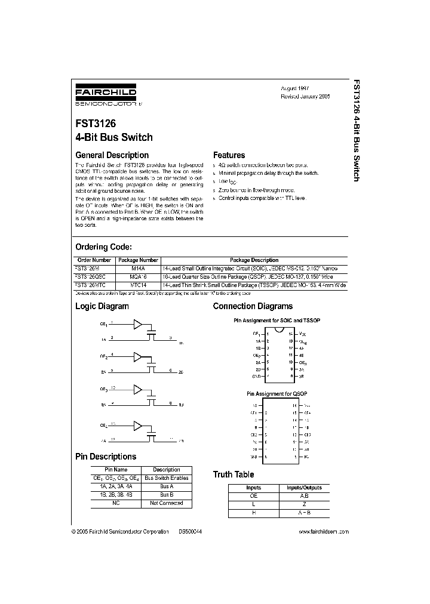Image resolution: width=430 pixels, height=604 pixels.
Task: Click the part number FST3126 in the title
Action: pos(96,124)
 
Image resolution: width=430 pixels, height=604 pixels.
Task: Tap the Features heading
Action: pos(229,155)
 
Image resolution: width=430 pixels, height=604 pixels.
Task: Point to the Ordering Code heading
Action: pos(103,247)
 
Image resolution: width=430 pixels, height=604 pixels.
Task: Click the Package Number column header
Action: pos(138,260)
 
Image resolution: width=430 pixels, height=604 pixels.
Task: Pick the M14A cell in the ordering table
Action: pos(138,269)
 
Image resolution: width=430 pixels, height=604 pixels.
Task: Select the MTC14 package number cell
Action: pos(138,285)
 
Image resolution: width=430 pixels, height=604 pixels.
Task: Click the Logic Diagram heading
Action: pos(102,306)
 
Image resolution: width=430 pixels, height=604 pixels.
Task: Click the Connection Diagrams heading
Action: pos(253,306)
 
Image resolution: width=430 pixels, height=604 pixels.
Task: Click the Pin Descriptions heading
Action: pos(105,457)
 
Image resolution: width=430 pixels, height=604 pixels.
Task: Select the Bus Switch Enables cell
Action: pos(166,478)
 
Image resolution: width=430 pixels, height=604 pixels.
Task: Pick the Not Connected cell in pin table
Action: pos(166,503)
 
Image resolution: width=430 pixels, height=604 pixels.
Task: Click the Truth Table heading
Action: pos(234,474)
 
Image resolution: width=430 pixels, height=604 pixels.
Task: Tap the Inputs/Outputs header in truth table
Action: pos(304,488)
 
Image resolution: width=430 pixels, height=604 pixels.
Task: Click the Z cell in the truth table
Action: pos(304,504)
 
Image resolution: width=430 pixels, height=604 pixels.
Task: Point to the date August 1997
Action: pos(296,87)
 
